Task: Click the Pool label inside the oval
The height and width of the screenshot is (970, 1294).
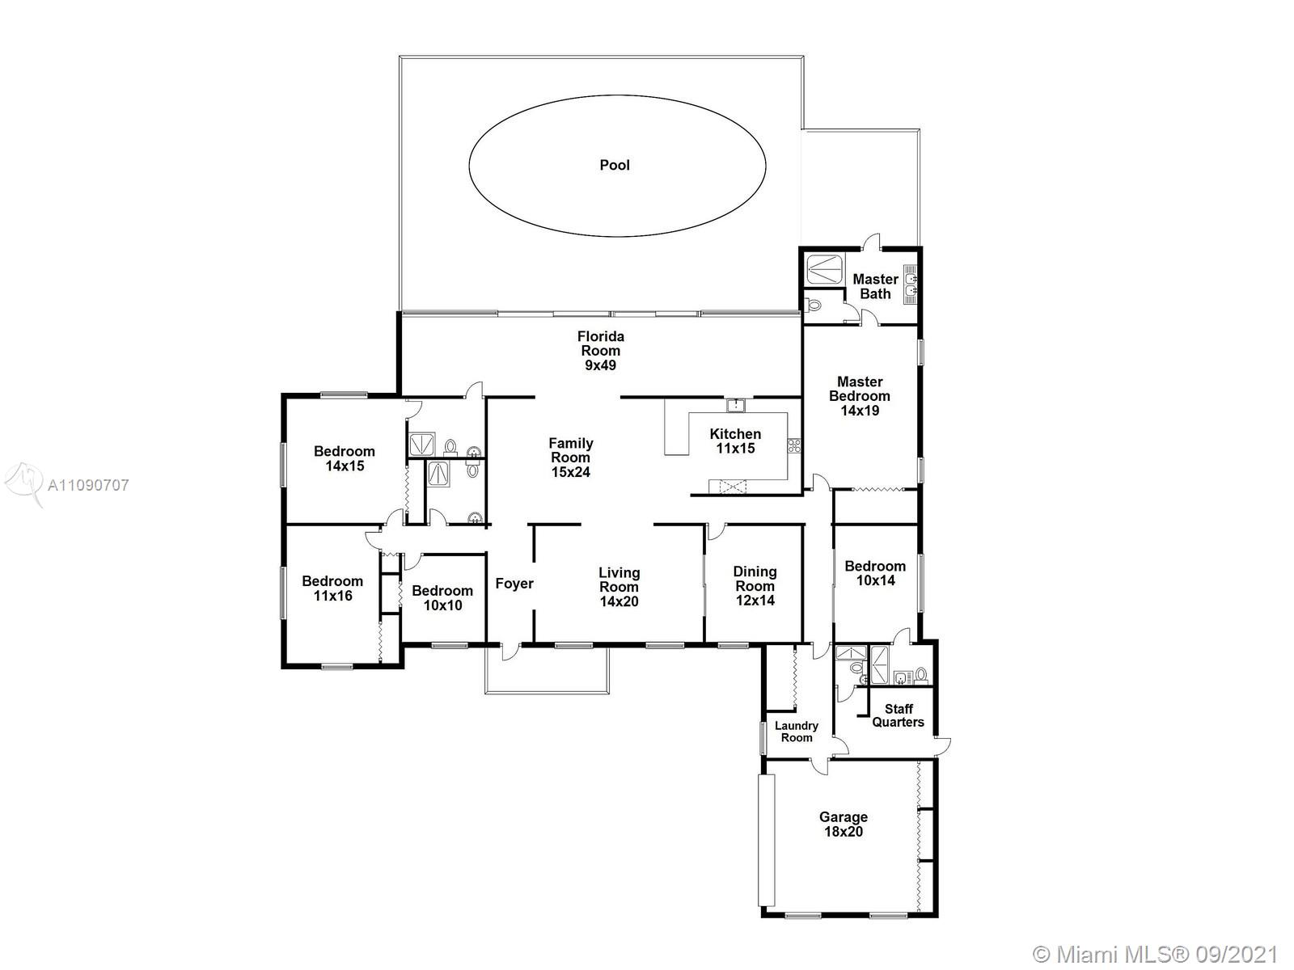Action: pyautogui.click(x=615, y=166)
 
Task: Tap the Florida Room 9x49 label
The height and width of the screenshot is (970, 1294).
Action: pyautogui.click(x=600, y=351)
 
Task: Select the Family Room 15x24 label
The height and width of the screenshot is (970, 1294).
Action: pyautogui.click(x=571, y=458)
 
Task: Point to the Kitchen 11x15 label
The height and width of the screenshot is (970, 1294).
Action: pyautogui.click(x=735, y=441)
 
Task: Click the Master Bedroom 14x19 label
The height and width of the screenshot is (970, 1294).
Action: pyautogui.click(x=860, y=396)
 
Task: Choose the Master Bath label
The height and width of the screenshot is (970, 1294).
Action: pyautogui.click(x=875, y=286)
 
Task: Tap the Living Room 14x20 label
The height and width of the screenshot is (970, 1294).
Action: pyautogui.click(x=619, y=587)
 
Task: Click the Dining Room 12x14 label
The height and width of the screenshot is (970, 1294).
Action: pyautogui.click(x=755, y=586)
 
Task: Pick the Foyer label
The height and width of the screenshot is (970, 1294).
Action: pyautogui.click(x=514, y=584)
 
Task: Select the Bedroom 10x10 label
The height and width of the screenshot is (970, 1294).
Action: pyautogui.click(x=442, y=598)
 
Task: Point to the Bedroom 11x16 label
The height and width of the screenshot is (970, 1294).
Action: pyautogui.click(x=332, y=588)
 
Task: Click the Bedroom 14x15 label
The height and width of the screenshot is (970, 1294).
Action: pyautogui.click(x=345, y=459)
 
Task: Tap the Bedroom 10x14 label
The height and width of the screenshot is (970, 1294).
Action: pyautogui.click(x=875, y=573)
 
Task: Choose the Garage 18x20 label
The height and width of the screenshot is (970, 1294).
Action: pyautogui.click(x=844, y=824)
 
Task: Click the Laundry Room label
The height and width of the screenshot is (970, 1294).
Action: pyautogui.click(x=797, y=732)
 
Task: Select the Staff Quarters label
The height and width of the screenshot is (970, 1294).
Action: pyautogui.click(x=899, y=715)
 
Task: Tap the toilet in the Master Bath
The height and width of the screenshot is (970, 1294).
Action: pyautogui.click(x=814, y=305)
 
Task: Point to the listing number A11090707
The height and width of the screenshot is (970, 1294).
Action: pyautogui.click(x=88, y=485)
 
